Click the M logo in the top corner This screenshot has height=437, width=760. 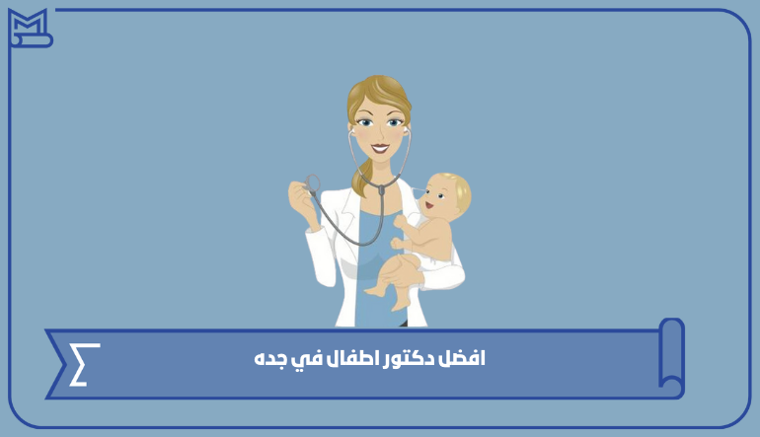(x=30, y=28)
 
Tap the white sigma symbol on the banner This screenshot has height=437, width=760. (x=84, y=364)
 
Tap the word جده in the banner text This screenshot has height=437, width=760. (x=269, y=360)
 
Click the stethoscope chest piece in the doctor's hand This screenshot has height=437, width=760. (x=312, y=183)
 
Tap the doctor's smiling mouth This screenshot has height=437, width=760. (x=380, y=147)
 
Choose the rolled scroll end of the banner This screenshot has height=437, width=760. (x=672, y=357)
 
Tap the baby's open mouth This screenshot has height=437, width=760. (x=429, y=205)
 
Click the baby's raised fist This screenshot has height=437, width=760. (x=400, y=221)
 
